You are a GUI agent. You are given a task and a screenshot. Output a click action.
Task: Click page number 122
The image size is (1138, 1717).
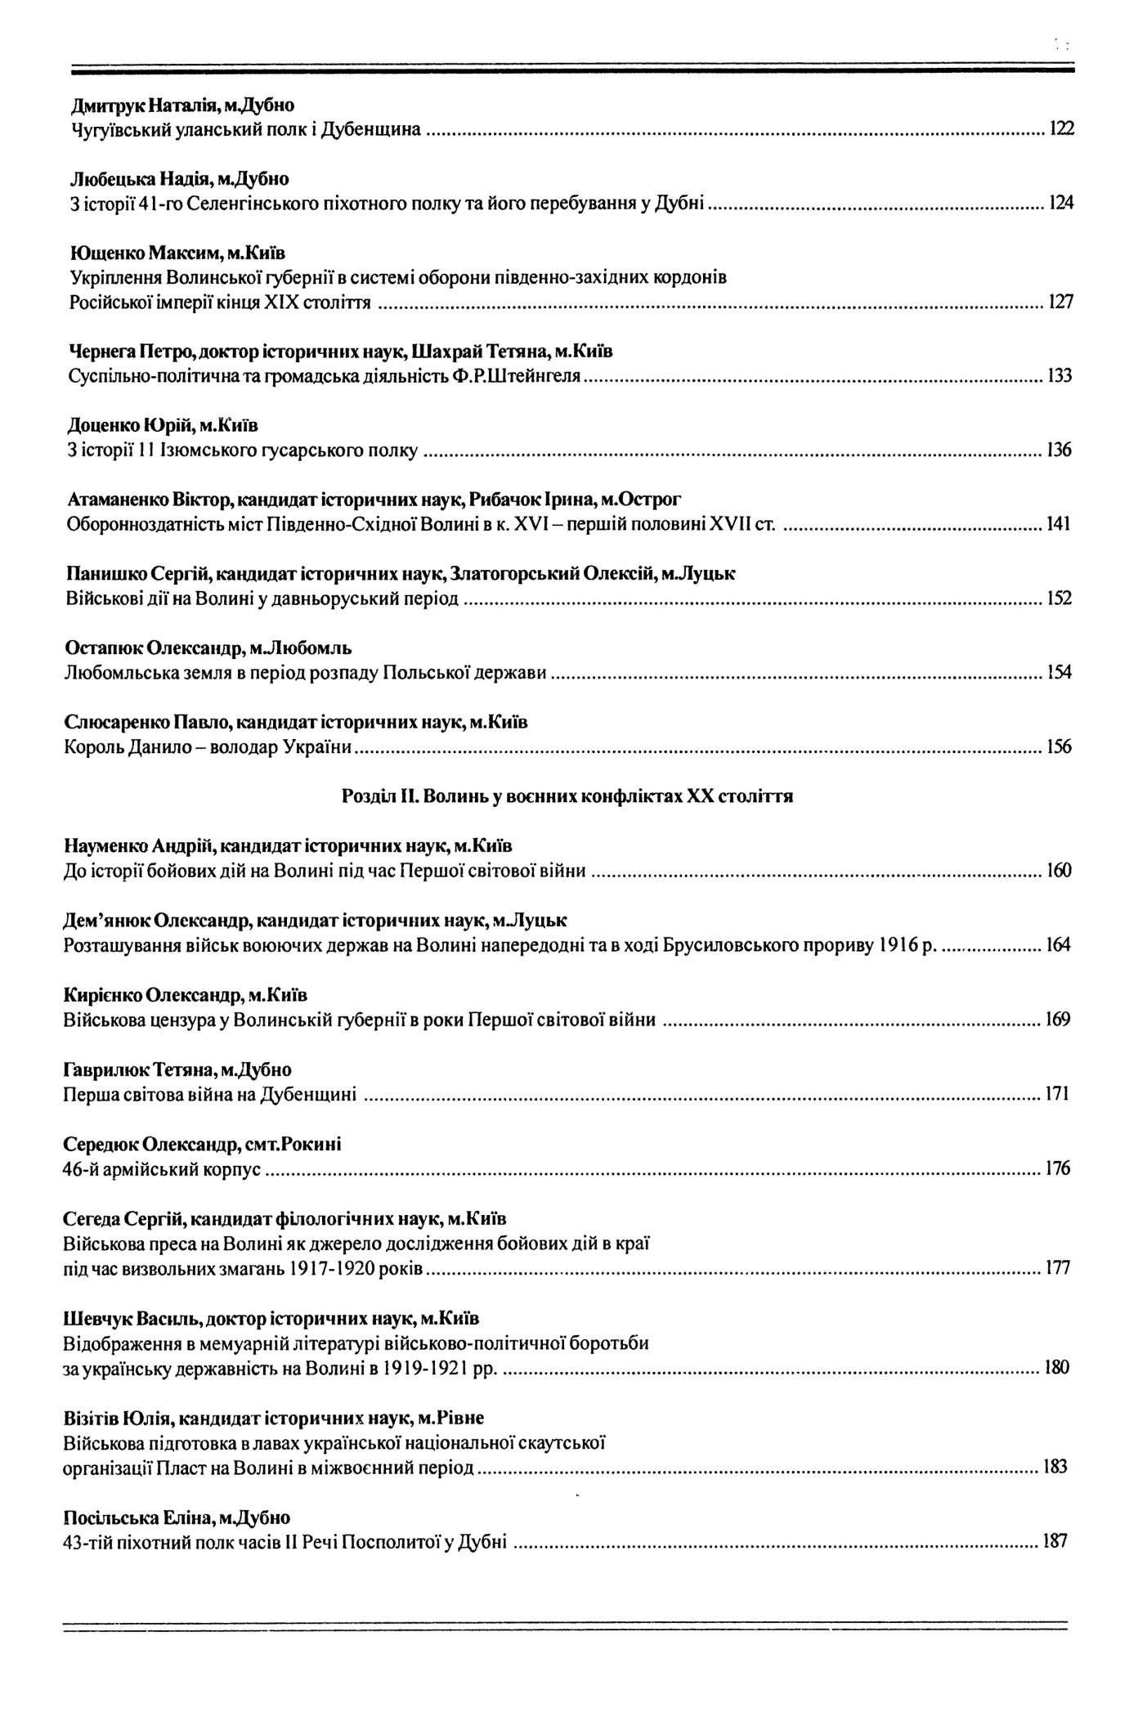pyautogui.click(x=1061, y=129)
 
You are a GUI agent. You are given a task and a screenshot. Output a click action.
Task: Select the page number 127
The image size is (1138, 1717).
pyautogui.click(x=1060, y=303)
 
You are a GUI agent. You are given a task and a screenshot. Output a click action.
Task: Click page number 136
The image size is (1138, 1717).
pyautogui.click(x=1059, y=451)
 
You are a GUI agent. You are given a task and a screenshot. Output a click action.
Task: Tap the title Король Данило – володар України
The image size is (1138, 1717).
pyautogui.click(x=208, y=747)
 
